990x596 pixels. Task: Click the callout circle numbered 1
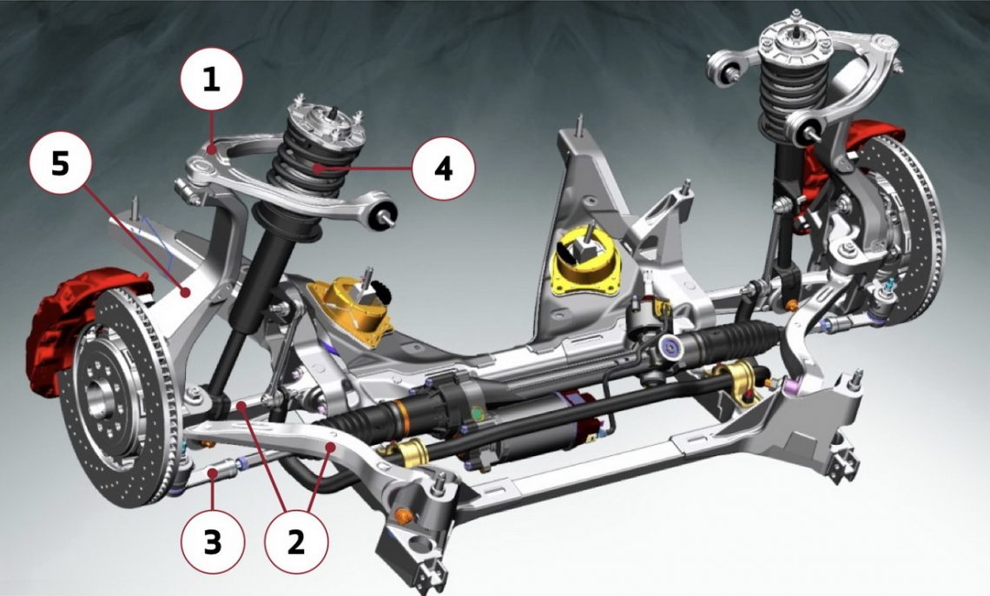click(x=212, y=80)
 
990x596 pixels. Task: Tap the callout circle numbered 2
click(x=296, y=542)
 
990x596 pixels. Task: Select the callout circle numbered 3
click(x=213, y=542)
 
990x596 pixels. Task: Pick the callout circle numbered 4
click(x=443, y=169)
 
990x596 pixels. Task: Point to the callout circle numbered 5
click(x=61, y=165)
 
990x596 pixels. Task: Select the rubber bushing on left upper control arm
click(x=382, y=211)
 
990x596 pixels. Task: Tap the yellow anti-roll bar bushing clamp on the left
click(x=411, y=452)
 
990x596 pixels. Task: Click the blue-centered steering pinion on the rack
click(x=670, y=346)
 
